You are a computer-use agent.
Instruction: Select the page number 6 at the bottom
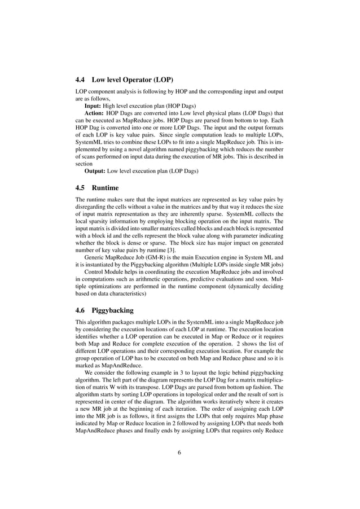tap(179, 451)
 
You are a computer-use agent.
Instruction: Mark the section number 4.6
tap(82, 310)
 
